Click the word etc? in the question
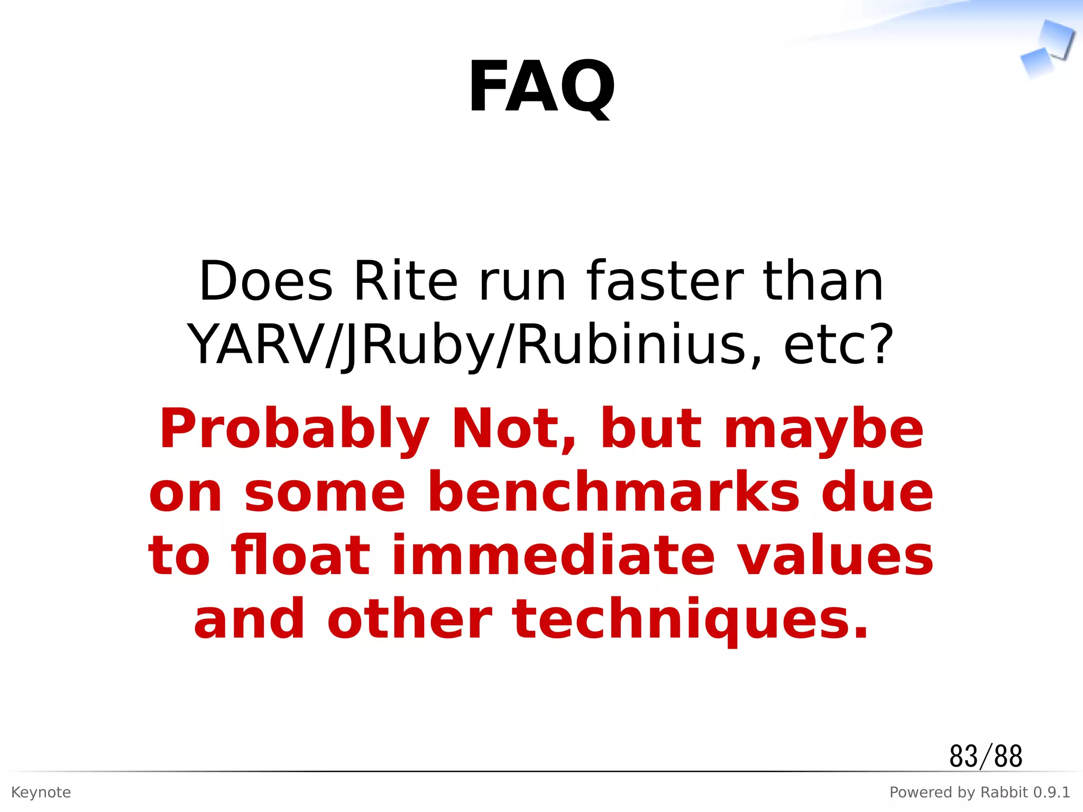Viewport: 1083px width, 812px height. click(x=838, y=345)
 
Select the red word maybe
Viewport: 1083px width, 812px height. click(x=823, y=429)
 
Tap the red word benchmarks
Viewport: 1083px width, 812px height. click(x=613, y=493)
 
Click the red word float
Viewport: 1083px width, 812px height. click(x=300, y=556)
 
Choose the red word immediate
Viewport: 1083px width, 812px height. click(x=553, y=556)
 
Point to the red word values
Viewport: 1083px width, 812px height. click(x=836, y=556)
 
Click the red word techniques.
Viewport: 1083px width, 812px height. click(x=690, y=620)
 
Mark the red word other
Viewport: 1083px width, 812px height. click(x=410, y=620)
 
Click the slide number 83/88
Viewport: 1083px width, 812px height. click(x=986, y=756)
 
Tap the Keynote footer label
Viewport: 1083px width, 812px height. click(x=41, y=792)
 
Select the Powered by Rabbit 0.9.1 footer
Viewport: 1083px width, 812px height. click(x=979, y=792)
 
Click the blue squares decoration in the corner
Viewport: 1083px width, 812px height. click(x=1047, y=50)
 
